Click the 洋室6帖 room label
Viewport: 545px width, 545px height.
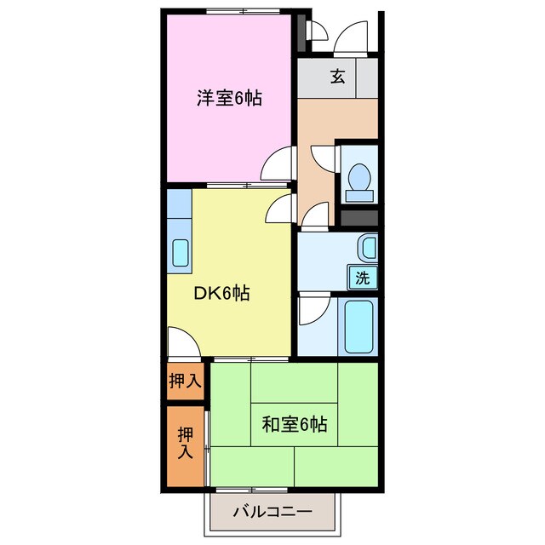(229, 99)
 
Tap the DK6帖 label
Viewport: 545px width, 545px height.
(221, 294)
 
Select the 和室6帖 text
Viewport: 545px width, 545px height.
(294, 423)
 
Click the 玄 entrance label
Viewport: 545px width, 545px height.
(338, 77)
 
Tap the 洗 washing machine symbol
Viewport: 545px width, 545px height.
(363, 277)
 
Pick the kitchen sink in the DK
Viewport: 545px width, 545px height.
(180, 253)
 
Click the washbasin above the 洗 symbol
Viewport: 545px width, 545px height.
(366, 248)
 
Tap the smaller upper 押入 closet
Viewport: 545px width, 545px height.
(185, 381)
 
